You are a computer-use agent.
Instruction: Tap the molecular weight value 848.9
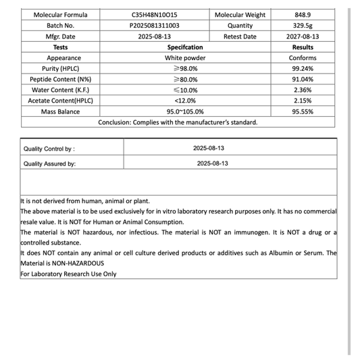(303, 15)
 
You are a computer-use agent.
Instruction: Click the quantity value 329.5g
(303, 26)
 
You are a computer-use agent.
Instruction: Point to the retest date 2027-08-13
(303, 36)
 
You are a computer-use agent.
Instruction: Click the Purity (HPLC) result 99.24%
(303, 69)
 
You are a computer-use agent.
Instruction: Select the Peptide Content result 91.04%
(303, 80)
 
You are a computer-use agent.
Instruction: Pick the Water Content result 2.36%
(303, 91)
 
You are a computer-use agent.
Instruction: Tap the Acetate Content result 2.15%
(303, 101)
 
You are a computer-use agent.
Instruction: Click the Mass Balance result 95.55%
(303, 112)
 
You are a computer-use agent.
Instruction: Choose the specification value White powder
(185, 58)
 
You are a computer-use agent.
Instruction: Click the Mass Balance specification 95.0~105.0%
(185, 112)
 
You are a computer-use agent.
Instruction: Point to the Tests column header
(60, 47)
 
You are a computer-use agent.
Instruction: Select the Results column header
(303, 47)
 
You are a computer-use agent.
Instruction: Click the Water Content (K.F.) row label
(60, 91)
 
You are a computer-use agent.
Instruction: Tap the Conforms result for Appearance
(303, 58)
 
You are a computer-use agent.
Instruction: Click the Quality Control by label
(49, 149)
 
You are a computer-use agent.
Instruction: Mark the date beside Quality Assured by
(213, 163)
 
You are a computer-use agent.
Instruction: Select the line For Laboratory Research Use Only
(68, 274)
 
